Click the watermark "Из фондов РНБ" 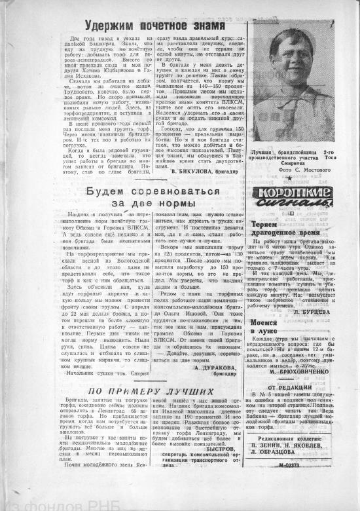pyautogui.click(x=39, y=501)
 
